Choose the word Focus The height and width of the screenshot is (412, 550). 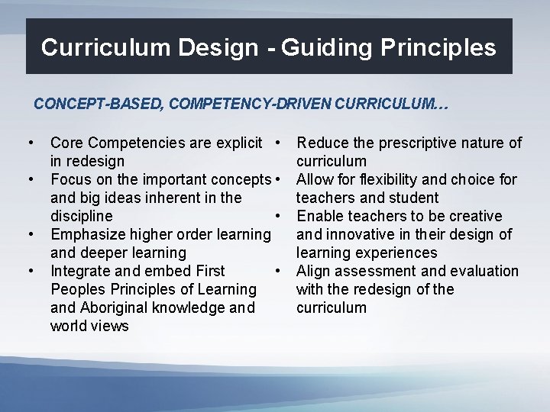click(x=70, y=179)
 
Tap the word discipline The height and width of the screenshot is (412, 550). click(x=81, y=216)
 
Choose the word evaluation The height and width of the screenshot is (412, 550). click(x=484, y=271)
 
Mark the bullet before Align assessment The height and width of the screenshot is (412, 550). click(x=281, y=271)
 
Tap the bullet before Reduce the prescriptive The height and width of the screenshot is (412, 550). click(x=281, y=143)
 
